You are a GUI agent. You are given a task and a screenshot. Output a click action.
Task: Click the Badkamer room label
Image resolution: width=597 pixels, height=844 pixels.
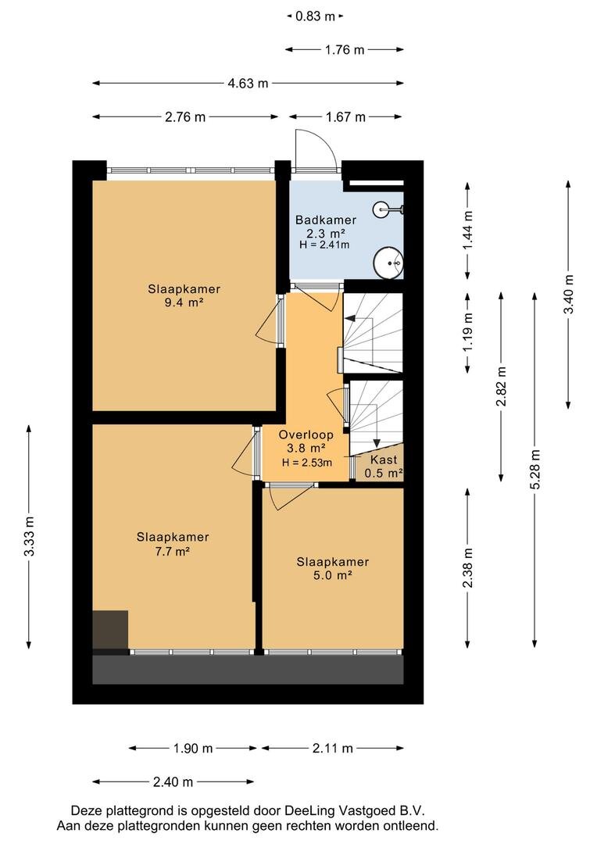point(326,220)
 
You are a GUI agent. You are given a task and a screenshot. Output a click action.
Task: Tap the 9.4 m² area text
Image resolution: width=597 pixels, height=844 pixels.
point(184,302)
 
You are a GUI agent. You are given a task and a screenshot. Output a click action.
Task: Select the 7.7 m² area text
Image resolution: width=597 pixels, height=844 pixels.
point(172,551)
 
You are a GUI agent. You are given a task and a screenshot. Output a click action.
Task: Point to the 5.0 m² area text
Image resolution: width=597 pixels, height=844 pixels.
point(333,575)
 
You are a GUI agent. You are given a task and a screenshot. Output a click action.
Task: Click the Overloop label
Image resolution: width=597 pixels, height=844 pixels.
point(306,435)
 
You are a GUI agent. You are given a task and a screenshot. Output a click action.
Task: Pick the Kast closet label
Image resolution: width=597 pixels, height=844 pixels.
point(384,460)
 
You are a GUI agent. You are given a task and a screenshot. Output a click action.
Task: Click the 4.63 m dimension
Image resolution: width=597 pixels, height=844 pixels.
point(248,84)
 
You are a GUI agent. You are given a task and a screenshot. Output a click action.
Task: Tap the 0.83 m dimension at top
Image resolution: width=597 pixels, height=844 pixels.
point(316,16)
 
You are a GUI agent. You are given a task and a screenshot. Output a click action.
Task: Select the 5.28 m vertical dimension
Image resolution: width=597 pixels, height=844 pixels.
point(534,470)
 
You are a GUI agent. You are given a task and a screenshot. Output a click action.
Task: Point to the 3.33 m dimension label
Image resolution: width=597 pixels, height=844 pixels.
point(29,537)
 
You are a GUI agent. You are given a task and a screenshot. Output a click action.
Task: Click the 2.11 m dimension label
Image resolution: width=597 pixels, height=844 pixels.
point(333,748)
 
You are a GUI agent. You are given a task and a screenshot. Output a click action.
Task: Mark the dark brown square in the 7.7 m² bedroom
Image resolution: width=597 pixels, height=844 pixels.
point(110,630)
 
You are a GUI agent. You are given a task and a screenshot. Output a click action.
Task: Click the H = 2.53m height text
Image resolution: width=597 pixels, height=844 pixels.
point(307,463)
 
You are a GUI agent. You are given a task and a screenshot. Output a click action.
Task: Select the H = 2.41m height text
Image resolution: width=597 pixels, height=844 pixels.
point(324,245)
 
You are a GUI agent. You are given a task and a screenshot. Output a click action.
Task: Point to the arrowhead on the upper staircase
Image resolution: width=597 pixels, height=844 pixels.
point(349,318)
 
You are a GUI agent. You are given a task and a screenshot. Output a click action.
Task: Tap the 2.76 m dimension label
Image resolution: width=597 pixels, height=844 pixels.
point(185,116)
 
